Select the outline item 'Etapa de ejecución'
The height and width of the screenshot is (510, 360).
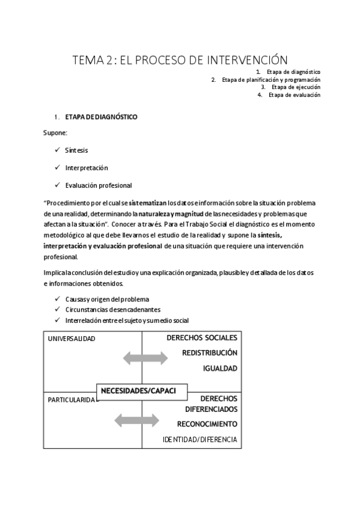pos(296,87)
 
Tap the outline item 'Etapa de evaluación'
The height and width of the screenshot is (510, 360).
pos(294,94)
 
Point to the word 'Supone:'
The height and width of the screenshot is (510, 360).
pos(55,133)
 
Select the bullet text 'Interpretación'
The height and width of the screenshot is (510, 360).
pos(87,168)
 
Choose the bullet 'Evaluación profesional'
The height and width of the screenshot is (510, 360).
pos(99,185)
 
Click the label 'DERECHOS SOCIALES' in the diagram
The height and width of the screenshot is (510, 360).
pos(202,337)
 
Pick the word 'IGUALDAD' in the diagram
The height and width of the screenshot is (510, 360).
pos(220,369)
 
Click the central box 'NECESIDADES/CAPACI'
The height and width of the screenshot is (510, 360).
pos(138,391)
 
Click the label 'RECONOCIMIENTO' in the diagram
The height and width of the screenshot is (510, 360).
pos(207,424)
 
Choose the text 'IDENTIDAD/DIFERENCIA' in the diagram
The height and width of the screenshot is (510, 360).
pos(200,440)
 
